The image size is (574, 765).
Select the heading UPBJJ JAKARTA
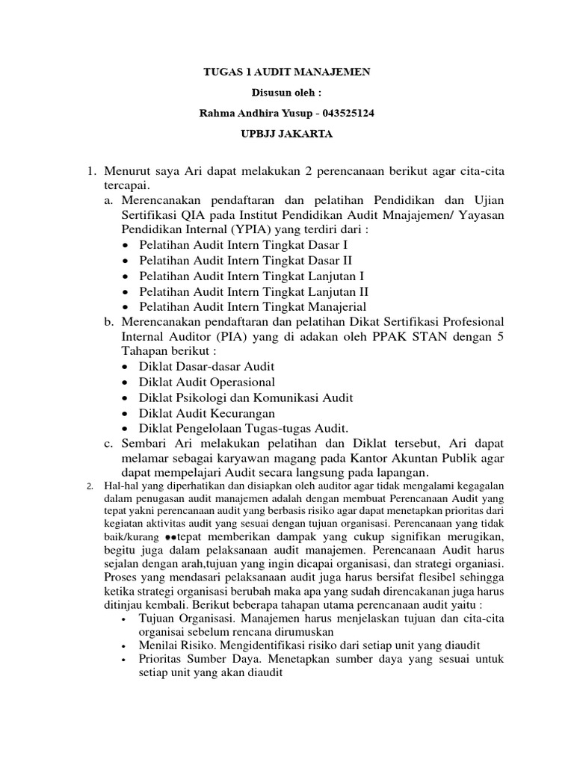pos(287,134)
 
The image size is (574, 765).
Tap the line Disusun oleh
pos(287,93)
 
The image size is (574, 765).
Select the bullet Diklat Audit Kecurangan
pos(206,412)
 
